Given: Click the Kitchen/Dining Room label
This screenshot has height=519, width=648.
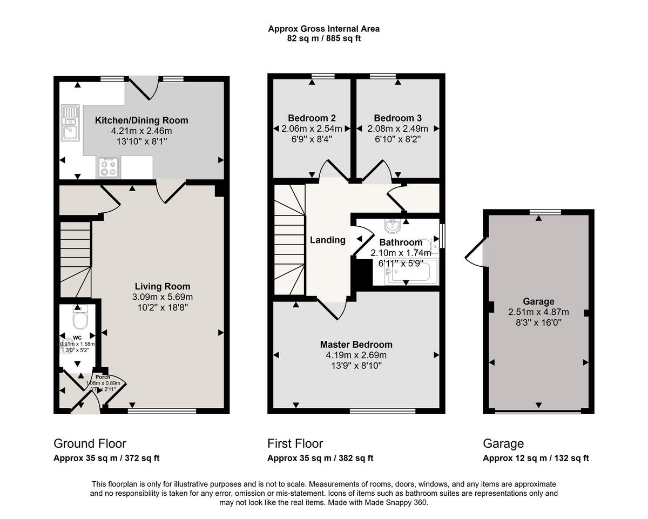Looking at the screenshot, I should [x=141, y=120].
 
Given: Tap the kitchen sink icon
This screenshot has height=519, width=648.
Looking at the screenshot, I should [x=70, y=123].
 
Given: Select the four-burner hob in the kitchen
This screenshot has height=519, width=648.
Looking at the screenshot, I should [x=108, y=167].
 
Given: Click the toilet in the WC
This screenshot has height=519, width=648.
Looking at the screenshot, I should [x=80, y=319].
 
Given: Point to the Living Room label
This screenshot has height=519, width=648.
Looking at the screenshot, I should [x=163, y=286].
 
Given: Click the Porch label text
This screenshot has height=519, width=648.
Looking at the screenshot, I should [x=103, y=377].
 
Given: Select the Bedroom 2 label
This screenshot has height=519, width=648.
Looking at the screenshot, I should [x=312, y=118].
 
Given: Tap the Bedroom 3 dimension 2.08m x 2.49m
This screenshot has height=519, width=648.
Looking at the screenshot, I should [x=397, y=129].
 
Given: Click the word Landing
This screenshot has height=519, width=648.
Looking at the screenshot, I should [x=327, y=240].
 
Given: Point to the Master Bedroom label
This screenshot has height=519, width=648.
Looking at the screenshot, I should [x=356, y=345].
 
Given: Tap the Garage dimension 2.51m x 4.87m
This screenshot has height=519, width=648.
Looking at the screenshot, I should [x=538, y=312].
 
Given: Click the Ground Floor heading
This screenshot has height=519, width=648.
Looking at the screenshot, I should [x=90, y=443].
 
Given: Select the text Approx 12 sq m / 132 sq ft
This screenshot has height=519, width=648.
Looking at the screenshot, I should [x=536, y=458].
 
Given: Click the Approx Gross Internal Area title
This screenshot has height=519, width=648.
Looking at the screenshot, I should [x=323, y=29].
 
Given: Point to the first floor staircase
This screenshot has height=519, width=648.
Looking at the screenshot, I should [x=289, y=240].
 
